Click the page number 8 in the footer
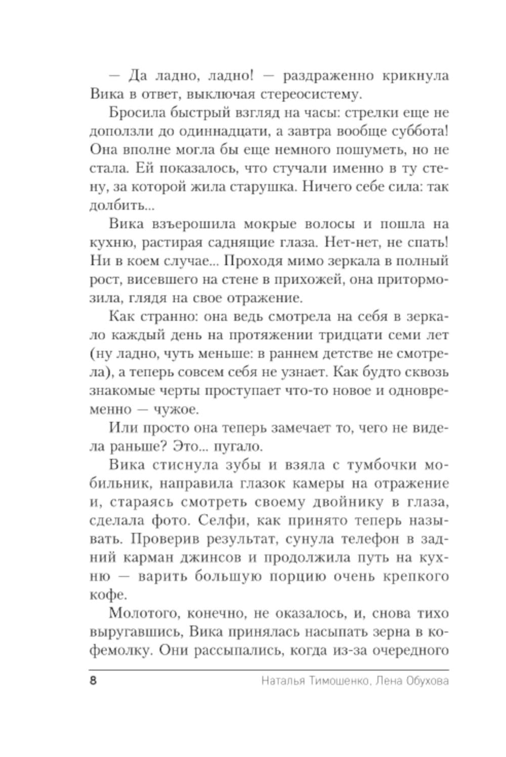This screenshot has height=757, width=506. (93, 681)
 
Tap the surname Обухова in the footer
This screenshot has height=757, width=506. (427, 681)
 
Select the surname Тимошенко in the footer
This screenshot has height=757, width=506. (330, 681)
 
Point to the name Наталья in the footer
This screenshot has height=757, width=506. (281, 681)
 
